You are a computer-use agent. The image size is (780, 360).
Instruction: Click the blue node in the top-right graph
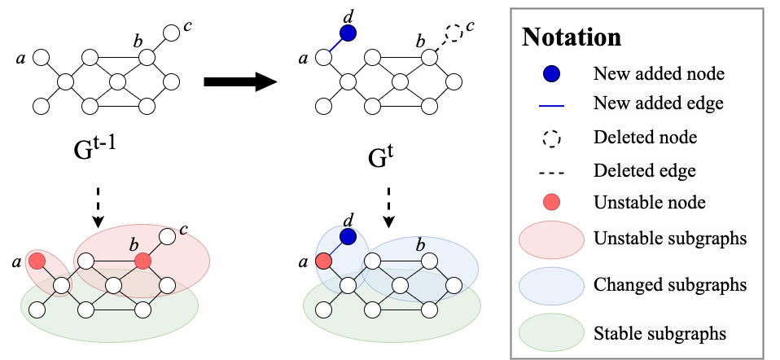click(348, 33)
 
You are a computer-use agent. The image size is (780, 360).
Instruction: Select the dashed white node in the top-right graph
click(454, 33)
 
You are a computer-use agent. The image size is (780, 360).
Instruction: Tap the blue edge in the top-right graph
click(335, 46)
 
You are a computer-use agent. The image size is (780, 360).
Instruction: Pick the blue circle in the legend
click(551, 73)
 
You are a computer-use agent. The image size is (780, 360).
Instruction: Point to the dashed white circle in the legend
click(551, 138)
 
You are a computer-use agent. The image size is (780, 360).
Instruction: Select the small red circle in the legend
click(551, 202)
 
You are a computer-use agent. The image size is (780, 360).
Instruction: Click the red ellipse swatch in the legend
click(551, 239)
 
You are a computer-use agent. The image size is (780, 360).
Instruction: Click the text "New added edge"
click(658, 103)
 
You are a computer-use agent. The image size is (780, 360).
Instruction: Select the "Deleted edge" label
click(644, 171)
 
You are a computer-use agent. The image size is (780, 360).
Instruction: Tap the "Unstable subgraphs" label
click(670, 239)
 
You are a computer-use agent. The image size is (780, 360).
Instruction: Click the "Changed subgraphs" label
click(670, 286)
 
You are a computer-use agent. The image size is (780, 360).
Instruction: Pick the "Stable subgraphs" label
click(659, 333)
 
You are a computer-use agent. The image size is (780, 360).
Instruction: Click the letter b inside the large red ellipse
click(134, 245)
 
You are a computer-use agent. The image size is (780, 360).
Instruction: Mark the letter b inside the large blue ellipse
click(420, 245)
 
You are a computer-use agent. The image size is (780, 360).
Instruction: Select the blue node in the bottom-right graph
click(348, 237)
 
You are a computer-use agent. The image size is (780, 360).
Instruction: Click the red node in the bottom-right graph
click(323, 261)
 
